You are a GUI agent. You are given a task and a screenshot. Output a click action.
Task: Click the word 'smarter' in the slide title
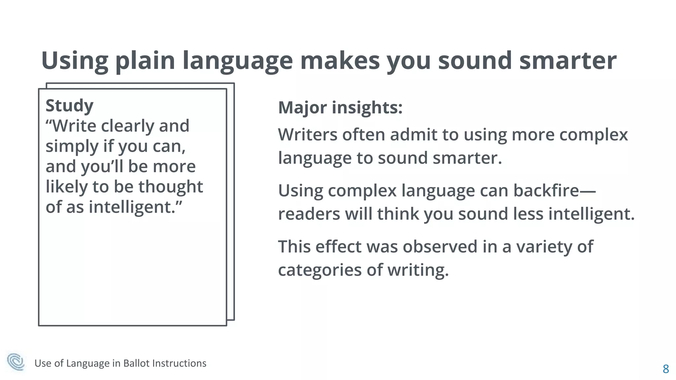pyautogui.click(x=568, y=61)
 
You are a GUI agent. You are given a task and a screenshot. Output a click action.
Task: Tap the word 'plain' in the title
pyautogui.click(x=145, y=61)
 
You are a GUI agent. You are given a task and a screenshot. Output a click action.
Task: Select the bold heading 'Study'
pyautogui.click(x=69, y=106)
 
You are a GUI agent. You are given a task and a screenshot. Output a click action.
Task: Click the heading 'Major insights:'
pyautogui.click(x=340, y=108)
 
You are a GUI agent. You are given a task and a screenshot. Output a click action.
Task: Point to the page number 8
pyautogui.click(x=666, y=369)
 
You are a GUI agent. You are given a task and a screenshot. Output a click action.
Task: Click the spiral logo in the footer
pyautogui.click(x=16, y=362)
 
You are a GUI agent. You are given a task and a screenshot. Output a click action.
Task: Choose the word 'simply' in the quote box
pyautogui.click(x=72, y=146)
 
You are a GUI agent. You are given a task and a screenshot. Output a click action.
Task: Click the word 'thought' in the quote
pyautogui.click(x=170, y=187)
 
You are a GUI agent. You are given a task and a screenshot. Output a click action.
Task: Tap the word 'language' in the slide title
pyautogui.click(x=237, y=61)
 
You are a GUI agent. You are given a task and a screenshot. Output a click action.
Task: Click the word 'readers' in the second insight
pyautogui.click(x=309, y=214)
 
